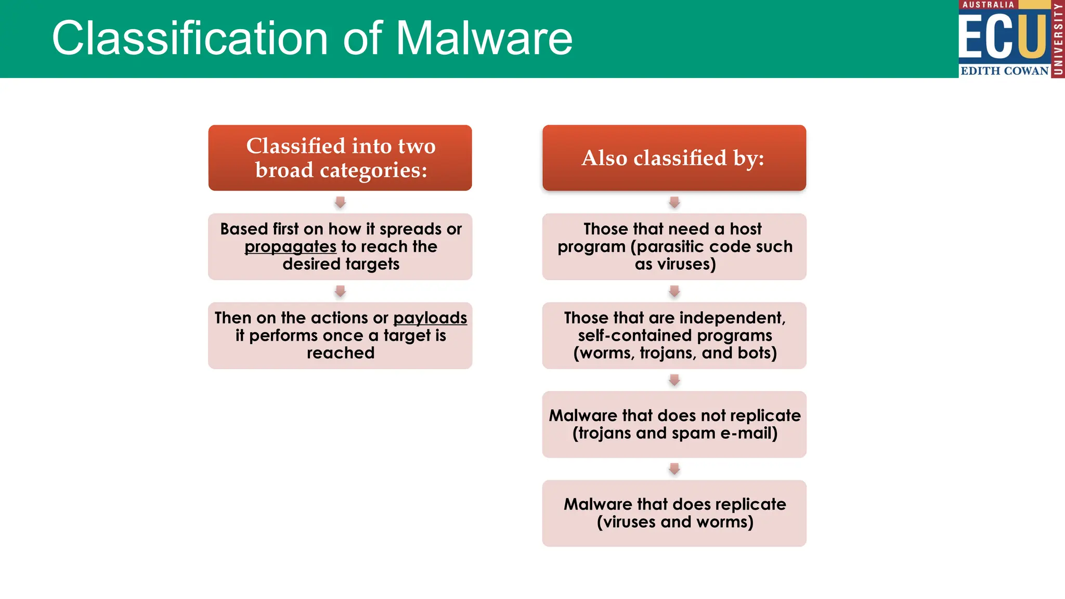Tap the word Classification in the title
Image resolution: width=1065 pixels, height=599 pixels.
[x=190, y=38]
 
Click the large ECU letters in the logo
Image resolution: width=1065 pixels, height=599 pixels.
[x=1003, y=36]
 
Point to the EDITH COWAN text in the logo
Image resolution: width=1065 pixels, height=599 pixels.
[x=1004, y=71]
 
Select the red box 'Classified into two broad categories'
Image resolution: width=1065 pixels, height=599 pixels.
[x=340, y=158]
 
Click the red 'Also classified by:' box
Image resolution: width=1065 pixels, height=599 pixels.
[x=674, y=158]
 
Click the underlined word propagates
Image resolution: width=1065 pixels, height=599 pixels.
[x=290, y=246]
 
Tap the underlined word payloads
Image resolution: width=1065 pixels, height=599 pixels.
[x=430, y=318]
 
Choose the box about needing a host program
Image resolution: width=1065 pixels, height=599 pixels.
[x=674, y=246]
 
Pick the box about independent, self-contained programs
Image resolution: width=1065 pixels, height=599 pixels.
[x=674, y=335]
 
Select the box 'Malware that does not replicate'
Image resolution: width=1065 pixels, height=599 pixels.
[x=674, y=424]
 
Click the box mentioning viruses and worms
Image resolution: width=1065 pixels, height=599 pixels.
[x=674, y=513]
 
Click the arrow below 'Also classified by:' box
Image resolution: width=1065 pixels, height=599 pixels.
[x=674, y=202]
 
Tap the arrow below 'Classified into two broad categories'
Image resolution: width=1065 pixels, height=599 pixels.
[x=340, y=202]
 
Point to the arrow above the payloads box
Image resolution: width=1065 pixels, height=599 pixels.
[x=340, y=291]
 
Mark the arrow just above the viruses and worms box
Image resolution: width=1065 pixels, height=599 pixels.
[x=674, y=469]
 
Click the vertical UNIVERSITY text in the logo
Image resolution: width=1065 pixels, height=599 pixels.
[x=1058, y=39]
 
